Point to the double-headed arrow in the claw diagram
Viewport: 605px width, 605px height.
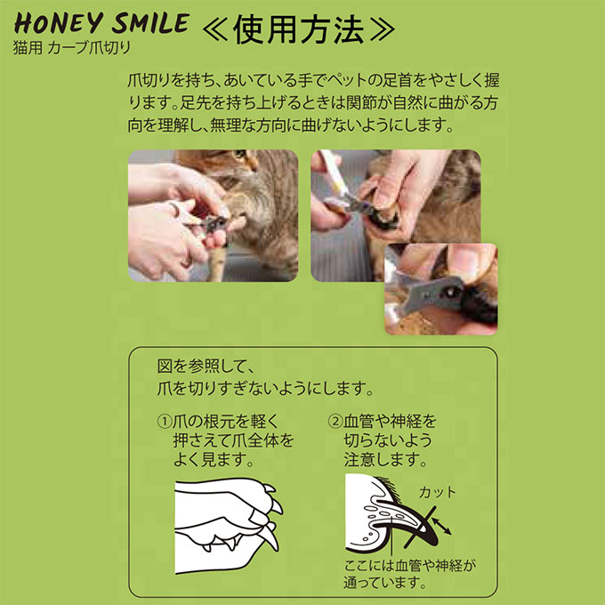[440, 529]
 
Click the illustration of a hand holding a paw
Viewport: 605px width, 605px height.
[226, 520]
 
